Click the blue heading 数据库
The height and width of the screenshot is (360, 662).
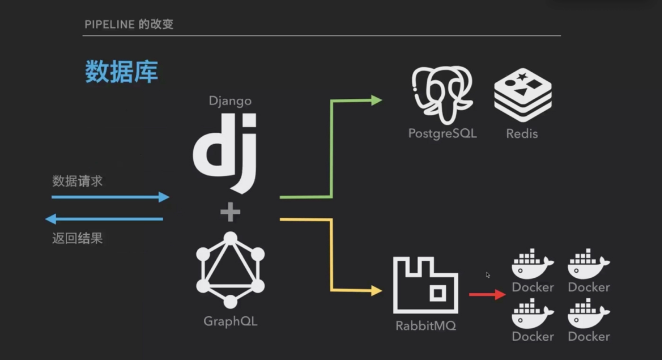coord(122,72)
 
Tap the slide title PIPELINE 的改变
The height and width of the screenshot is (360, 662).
coord(129,25)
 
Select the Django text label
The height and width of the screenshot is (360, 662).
coord(230,101)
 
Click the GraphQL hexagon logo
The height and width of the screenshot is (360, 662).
coord(230,270)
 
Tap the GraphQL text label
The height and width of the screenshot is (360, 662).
coord(230,322)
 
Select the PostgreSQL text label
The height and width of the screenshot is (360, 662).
coord(443,133)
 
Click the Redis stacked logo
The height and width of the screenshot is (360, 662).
coord(523,95)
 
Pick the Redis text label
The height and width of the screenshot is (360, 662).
coord(522,134)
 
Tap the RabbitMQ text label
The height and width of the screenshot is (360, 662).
coord(426,326)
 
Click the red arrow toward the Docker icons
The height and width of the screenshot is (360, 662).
coord(487,295)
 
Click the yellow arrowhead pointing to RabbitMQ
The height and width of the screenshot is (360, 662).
coord(376,290)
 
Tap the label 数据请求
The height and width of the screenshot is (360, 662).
coord(77,181)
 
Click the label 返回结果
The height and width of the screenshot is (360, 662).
coord(77,238)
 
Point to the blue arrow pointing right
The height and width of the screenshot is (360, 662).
coord(110,197)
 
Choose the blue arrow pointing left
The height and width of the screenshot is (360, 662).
coord(104,219)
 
